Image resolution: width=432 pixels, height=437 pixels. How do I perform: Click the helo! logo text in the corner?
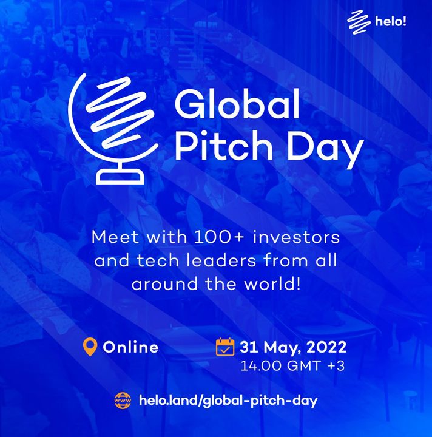(x=391, y=21)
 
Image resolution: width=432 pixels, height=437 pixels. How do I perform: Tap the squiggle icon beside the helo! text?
(x=359, y=22)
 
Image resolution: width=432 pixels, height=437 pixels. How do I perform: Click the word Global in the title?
(x=237, y=104)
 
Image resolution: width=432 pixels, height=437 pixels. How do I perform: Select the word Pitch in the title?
(x=223, y=144)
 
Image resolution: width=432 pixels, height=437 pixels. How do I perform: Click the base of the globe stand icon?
(x=120, y=177)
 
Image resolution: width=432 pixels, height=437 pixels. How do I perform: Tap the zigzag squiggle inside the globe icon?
(x=120, y=112)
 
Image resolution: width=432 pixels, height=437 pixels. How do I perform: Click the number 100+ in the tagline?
(x=219, y=237)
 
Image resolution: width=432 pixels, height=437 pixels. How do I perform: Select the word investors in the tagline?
(x=296, y=237)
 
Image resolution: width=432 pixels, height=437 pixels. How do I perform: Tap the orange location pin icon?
(x=90, y=347)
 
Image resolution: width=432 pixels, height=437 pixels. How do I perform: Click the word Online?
(x=130, y=347)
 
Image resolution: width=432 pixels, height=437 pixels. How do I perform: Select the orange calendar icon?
(x=225, y=347)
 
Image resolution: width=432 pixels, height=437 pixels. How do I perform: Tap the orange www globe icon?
(x=123, y=401)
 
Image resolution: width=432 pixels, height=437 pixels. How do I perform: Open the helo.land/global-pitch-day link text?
(x=228, y=401)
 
